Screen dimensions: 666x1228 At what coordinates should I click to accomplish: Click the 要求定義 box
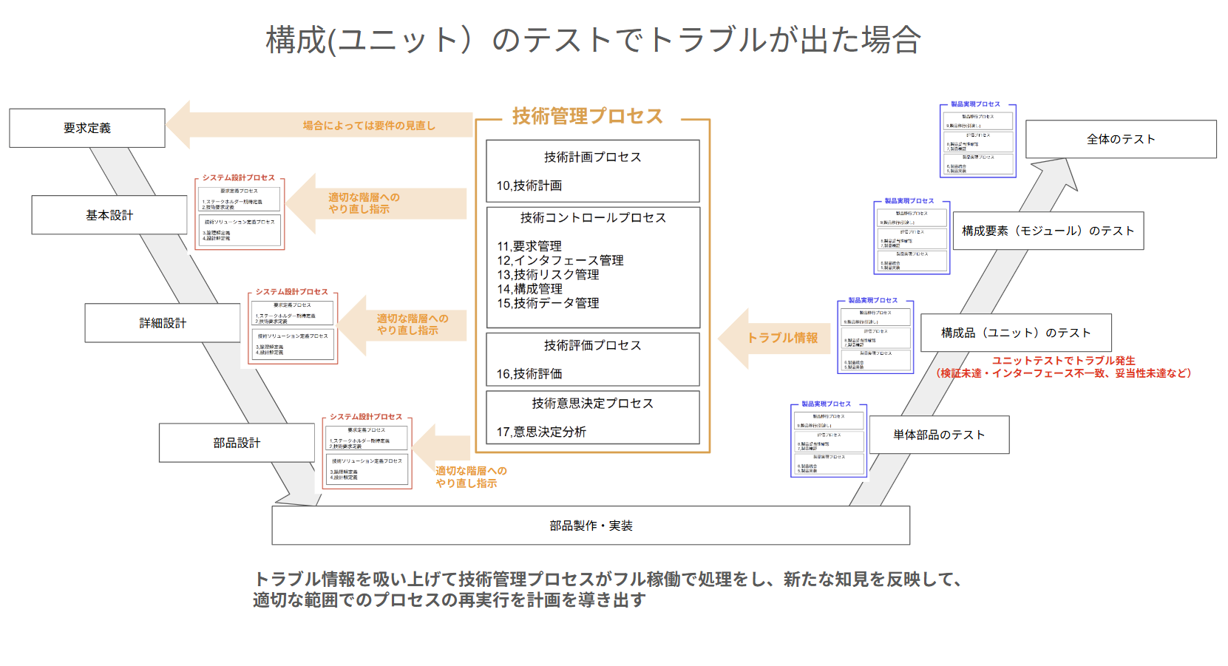tap(87, 128)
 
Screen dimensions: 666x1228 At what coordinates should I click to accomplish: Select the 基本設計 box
tap(109, 215)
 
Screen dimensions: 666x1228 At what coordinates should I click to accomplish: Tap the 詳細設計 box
tap(163, 323)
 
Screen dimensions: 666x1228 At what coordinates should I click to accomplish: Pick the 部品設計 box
tap(237, 443)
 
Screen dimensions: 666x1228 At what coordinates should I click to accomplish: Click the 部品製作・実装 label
tap(591, 526)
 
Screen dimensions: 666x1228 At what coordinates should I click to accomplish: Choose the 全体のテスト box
tap(1121, 139)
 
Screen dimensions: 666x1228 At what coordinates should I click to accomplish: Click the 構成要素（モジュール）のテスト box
tap(1048, 231)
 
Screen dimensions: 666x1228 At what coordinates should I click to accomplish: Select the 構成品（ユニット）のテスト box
tap(1016, 333)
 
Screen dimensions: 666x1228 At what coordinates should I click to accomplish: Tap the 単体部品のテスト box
tap(939, 435)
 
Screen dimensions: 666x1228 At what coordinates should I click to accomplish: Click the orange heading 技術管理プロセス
tap(588, 116)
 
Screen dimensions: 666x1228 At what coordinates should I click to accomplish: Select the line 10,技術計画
tap(529, 186)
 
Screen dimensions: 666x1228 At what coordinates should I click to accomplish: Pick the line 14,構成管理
tap(529, 289)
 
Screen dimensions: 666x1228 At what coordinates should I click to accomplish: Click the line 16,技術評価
tap(529, 374)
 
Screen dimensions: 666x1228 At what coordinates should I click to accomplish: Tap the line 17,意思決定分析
tap(541, 432)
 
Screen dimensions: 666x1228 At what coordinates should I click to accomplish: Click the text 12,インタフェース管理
tap(560, 260)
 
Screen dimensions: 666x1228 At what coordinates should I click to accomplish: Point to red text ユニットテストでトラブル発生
tap(1063, 361)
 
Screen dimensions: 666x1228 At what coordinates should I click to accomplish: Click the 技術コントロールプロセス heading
tap(593, 217)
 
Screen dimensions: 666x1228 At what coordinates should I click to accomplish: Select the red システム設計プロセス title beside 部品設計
tap(366, 417)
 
